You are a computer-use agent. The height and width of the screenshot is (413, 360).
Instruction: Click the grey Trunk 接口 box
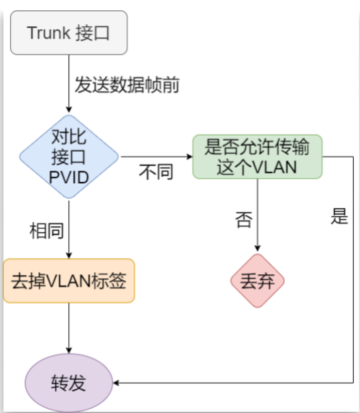tap(68, 33)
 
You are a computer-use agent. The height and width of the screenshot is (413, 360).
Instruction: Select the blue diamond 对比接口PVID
tap(69, 157)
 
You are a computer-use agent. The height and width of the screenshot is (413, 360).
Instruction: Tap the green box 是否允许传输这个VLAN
tap(257, 156)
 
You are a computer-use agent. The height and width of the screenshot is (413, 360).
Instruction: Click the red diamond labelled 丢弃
tap(257, 281)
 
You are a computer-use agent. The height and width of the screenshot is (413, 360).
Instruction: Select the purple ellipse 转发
tap(68, 382)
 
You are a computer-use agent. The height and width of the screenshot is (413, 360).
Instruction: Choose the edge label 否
tap(244, 220)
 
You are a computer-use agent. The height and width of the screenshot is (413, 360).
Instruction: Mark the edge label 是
tap(339, 217)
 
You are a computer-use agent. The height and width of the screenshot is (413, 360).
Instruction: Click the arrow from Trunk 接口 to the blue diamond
tap(69, 82)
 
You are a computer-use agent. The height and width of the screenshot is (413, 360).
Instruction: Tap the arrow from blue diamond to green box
tap(155, 157)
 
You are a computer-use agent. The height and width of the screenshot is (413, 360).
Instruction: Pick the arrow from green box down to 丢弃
tap(257, 213)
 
